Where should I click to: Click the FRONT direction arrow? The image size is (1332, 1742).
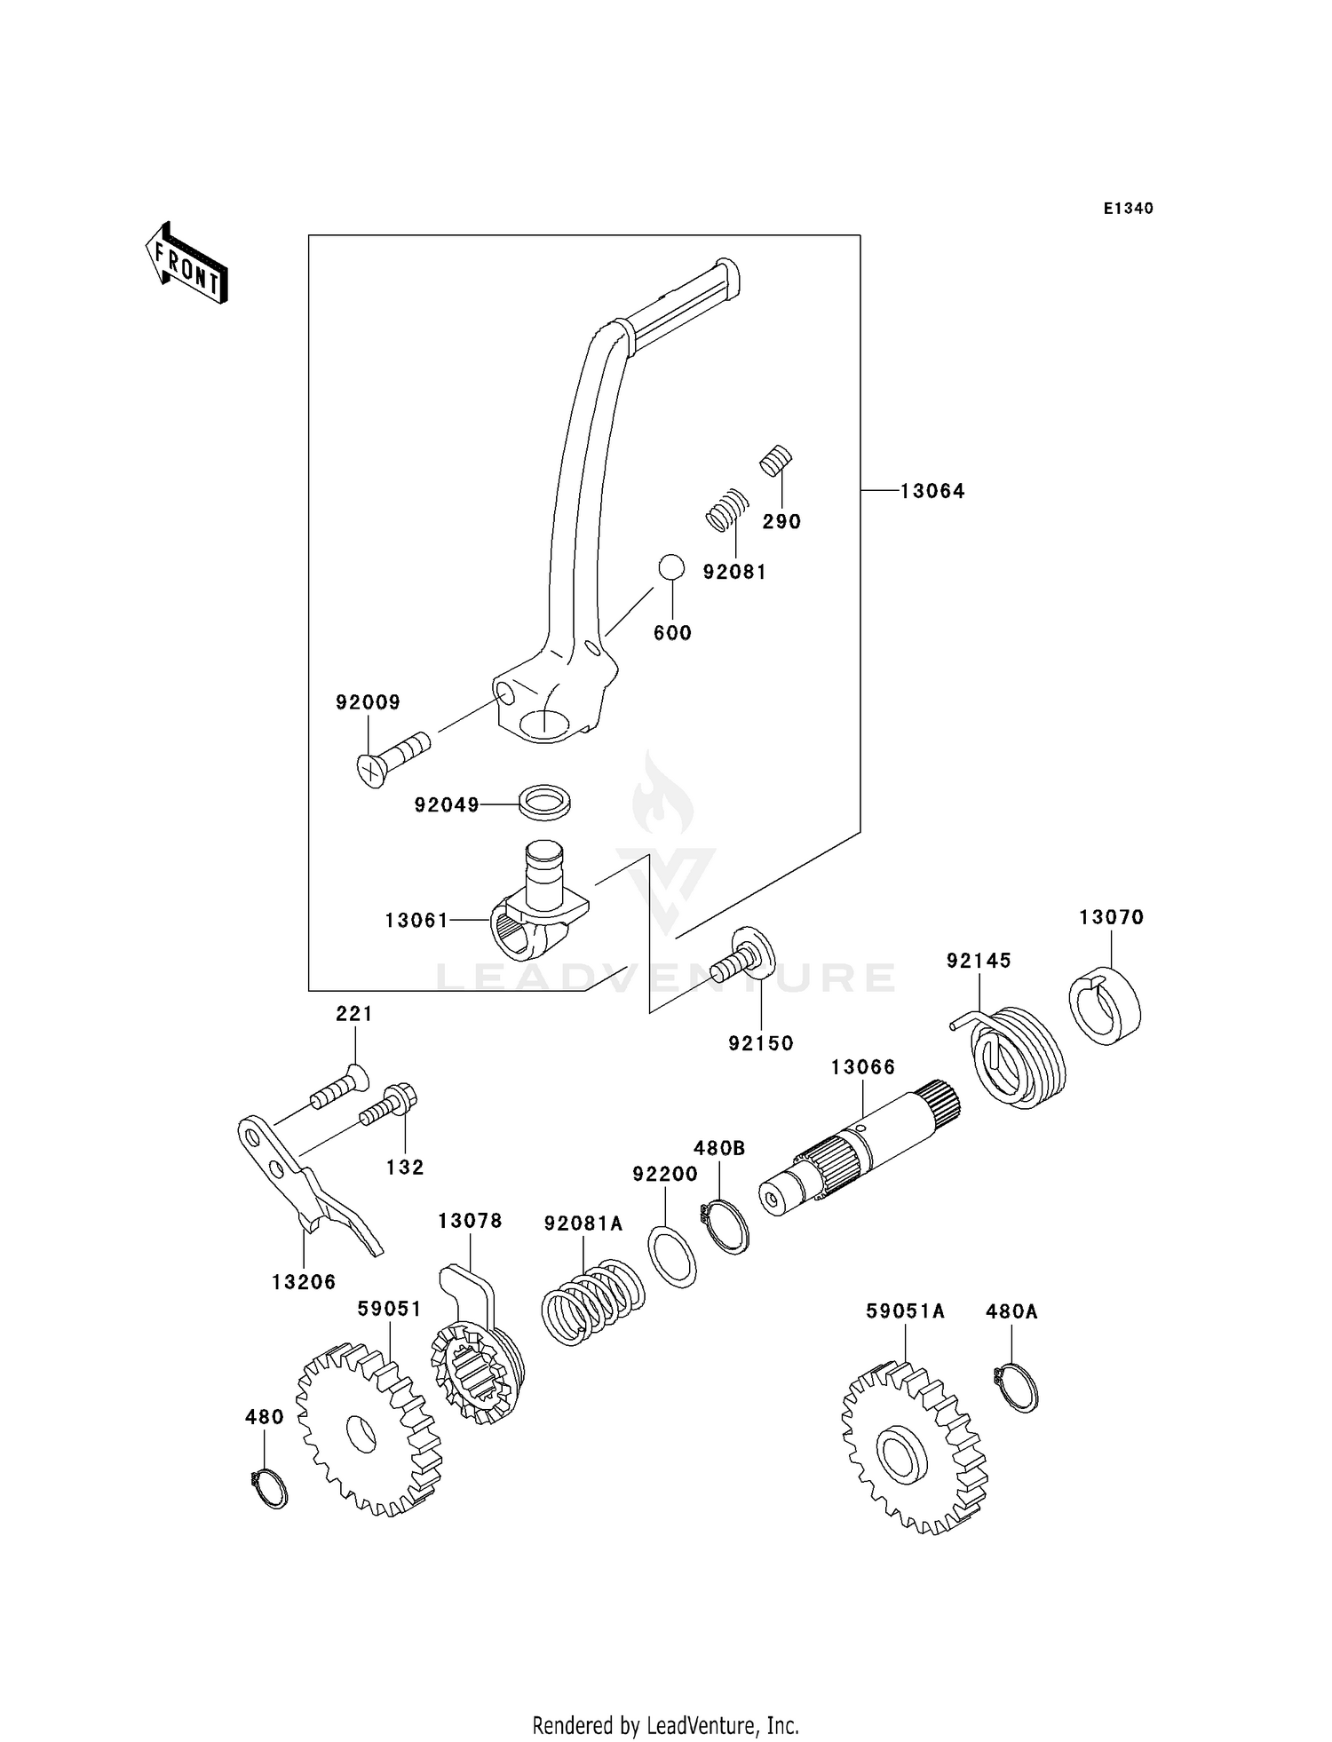coord(187,264)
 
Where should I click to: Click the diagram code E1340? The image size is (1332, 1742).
coord(1128,209)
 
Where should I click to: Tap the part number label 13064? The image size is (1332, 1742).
coord(932,491)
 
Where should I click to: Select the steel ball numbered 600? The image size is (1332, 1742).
coord(671,567)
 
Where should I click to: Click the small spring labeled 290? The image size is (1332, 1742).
coord(776,460)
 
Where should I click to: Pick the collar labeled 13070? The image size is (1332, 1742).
coord(1105,1005)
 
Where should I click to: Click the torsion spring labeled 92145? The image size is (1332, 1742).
coord(1018,1057)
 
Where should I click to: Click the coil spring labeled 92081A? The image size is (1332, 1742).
coord(592,1300)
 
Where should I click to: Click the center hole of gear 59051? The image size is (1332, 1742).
coord(362,1434)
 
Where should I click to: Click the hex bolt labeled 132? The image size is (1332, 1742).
coord(387,1105)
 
